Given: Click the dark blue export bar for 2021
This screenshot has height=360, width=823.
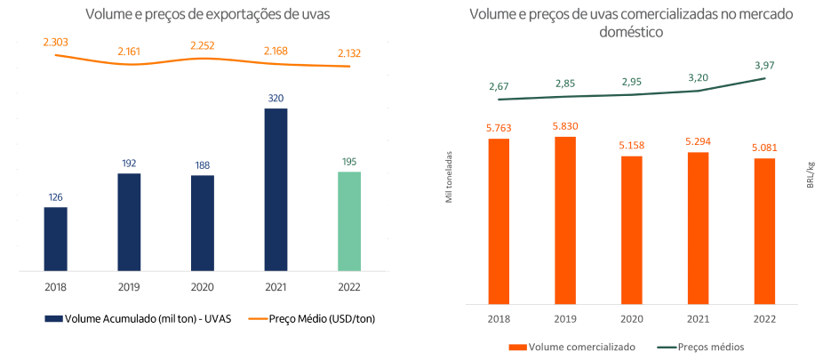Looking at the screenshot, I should click(276, 189).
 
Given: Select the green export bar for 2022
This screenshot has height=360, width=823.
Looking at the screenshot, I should click(349, 221).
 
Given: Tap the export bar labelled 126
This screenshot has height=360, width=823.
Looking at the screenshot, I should click(55, 239).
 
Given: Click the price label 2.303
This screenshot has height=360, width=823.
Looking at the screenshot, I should click(56, 42).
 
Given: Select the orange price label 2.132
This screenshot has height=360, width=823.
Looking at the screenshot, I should click(349, 53).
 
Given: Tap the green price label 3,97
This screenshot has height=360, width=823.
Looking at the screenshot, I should click(764, 65).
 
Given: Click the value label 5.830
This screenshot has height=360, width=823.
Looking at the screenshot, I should click(564, 126).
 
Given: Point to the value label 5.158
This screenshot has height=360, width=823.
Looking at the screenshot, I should click(631, 145).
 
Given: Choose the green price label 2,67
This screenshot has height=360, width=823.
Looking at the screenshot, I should click(499, 86).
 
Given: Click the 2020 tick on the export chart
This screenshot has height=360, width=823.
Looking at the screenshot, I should click(202, 288).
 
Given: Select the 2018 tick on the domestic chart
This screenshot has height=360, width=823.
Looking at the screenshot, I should click(499, 317).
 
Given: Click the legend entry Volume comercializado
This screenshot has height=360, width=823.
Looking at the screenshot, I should click(581, 347).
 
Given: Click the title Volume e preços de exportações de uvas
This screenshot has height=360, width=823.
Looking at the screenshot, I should click(201, 14).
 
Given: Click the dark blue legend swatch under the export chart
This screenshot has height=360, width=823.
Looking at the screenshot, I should click(53, 317).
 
